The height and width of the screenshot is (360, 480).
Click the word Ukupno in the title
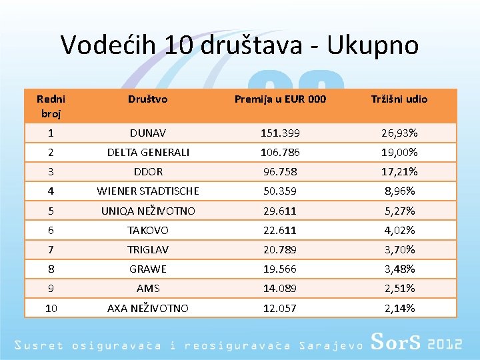(373, 46)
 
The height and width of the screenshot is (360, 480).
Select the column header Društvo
(148, 99)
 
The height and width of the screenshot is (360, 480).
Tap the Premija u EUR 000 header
(280, 99)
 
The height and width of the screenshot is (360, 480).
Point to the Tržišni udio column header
(399, 99)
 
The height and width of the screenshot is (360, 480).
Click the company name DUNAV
(148, 133)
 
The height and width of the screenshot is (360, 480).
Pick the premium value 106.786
(280, 152)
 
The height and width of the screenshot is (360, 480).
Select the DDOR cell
(148, 171)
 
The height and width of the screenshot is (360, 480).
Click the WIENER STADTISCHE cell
(148, 191)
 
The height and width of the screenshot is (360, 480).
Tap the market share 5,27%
(399, 211)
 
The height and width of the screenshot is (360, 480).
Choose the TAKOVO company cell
(148, 230)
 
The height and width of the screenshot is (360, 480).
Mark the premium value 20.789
(280, 249)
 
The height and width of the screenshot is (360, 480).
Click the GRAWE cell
(148, 269)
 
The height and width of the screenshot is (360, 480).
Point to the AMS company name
(148, 289)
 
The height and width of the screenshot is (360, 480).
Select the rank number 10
(51, 308)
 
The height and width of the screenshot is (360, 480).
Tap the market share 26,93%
(399, 133)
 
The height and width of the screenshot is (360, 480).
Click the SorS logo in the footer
(395, 341)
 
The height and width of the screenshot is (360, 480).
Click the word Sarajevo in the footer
(331, 345)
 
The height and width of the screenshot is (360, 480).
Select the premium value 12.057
(280, 308)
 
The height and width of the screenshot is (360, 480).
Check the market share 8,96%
(399, 191)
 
